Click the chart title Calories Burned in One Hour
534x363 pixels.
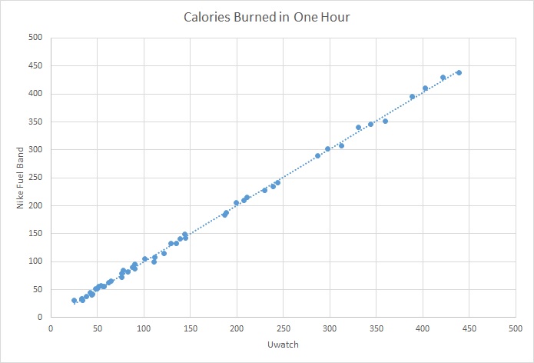(x=267, y=16)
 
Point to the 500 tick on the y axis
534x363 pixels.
(x=35, y=38)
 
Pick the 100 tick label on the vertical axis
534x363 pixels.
(x=35, y=261)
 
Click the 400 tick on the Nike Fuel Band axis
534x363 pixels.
(x=35, y=94)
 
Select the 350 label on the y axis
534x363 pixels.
(x=35, y=122)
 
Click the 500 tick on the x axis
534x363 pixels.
(x=516, y=327)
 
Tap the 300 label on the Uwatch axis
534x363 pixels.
(x=330, y=327)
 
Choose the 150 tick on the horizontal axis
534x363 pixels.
(x=190, y=327)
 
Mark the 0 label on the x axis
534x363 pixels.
(x=51, y=327)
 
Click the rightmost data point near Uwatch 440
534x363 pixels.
(x=459, y=72)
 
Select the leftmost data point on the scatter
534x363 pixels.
(x=74, y=301)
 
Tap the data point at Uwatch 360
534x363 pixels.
(x=385, y=121)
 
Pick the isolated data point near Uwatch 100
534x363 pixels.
(x=144, y=259)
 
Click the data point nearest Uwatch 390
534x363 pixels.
(x=412, y=97)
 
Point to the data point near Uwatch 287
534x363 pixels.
(x=317, y=155)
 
